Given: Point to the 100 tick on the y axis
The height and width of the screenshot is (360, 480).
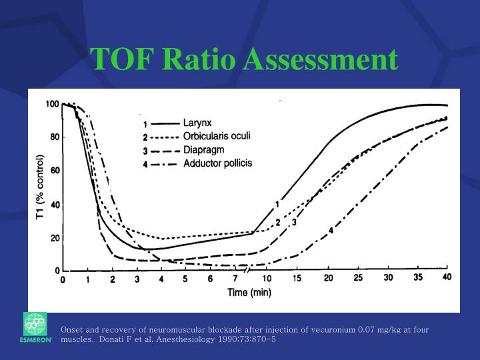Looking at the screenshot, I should (51, 104).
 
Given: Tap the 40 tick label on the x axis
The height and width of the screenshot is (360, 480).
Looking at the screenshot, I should (447, 278).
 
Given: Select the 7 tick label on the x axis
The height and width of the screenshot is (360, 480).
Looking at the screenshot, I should (235, 279).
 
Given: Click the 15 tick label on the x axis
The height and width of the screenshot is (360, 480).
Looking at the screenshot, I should (297, 279).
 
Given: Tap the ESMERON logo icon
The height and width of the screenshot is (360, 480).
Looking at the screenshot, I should (35, 326).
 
